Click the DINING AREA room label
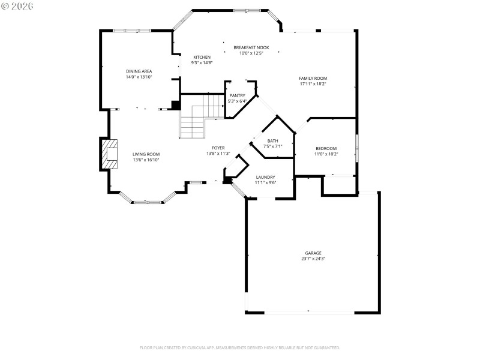coord(139,71)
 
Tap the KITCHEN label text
coord(202,57)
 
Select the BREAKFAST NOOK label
coord(251,47)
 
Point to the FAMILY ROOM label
coord(313,78)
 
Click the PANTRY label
coord(237,95)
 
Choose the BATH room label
coord(272,141)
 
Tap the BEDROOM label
coord(326,148)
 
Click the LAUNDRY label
coord(265,177)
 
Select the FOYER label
coord(218,148)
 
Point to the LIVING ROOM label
coord(146,154)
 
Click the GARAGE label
coord(313,253)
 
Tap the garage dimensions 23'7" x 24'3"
coord(313,259)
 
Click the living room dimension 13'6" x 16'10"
coord(146,160)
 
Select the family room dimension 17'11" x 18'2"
coord(313,84)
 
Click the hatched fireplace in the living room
coord(109,154)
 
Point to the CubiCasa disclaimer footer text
coord(240,347)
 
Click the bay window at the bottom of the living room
coord(148,202)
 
